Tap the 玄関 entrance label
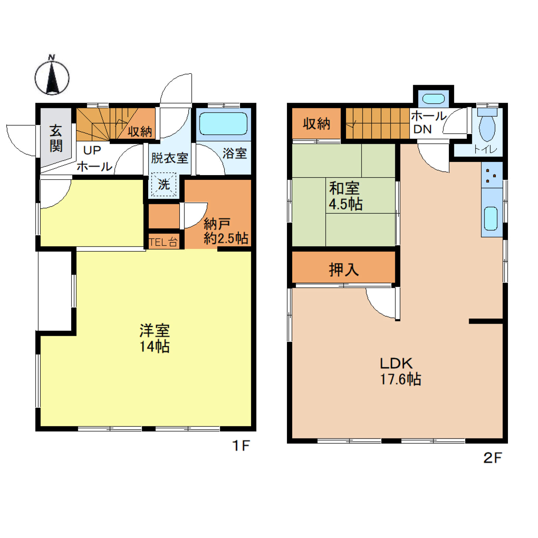pos(56,138)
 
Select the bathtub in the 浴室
pos(223,124)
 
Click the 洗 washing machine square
pos(164,184)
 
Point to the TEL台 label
pos(163,242)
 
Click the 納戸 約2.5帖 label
pos(226,231)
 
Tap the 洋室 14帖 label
pos(155,339)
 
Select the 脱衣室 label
pos(169,158)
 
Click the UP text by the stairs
pos(92,150)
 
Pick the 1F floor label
pos(241,446)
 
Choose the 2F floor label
pos(493,458)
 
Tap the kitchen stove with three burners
pos(492,175)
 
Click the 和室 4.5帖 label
pos(346,196)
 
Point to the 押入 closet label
pos(344,270)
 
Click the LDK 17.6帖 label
pos(400,371)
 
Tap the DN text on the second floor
pos(423,129)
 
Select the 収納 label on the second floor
pos(316,124)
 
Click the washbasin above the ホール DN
pos(434,99)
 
